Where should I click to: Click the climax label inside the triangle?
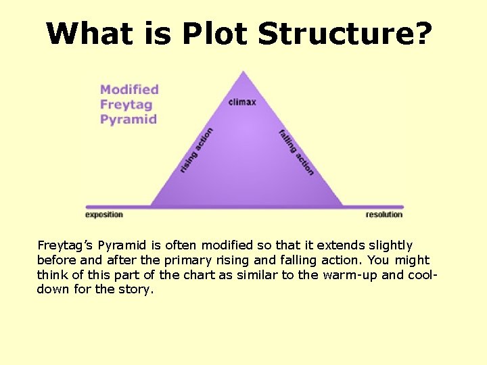coord(242,102)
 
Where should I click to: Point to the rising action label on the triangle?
coord(196,150)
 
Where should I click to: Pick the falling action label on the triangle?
coord(296,152)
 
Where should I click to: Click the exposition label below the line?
coord(104,215)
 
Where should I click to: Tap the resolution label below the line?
coord(384,215)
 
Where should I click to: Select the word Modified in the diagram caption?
coord(129,89)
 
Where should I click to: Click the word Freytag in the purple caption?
coord(126,104)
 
